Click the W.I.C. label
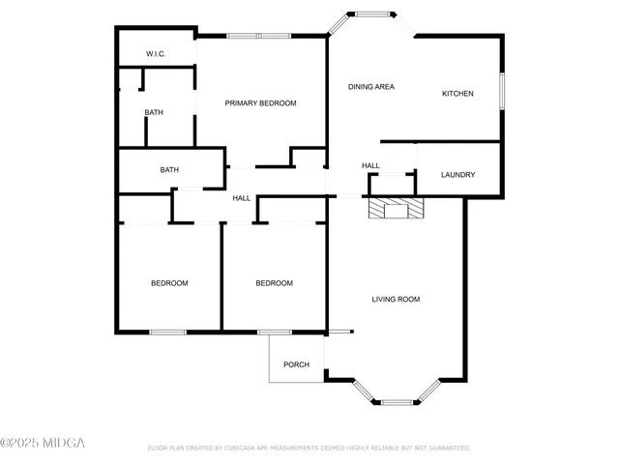(156, 54)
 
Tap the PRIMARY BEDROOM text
(260, 103)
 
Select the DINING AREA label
(371, 87)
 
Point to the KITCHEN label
(457, 94)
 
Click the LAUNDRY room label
(457, 175)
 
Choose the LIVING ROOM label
(396, 300)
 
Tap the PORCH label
(296, 364)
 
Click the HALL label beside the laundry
(370, 166)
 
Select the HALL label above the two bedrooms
(242, 198)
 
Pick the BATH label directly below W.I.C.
(154, 113)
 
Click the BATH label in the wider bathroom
(169, 170)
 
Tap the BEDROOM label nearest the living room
(274, 283)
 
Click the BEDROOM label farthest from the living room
(169, 283)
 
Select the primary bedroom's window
(258, 36)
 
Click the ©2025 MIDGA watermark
(43, 443)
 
